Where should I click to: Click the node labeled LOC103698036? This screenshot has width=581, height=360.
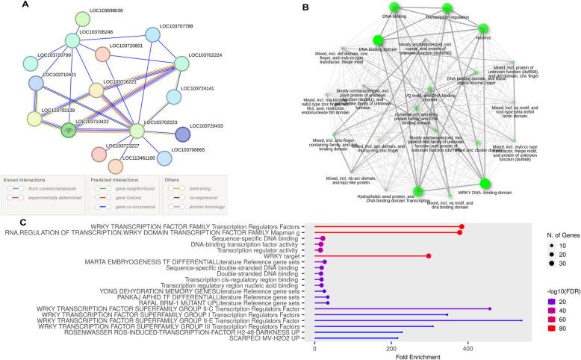click(84, 18)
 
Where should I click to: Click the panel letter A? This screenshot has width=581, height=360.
click(25, 5)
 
